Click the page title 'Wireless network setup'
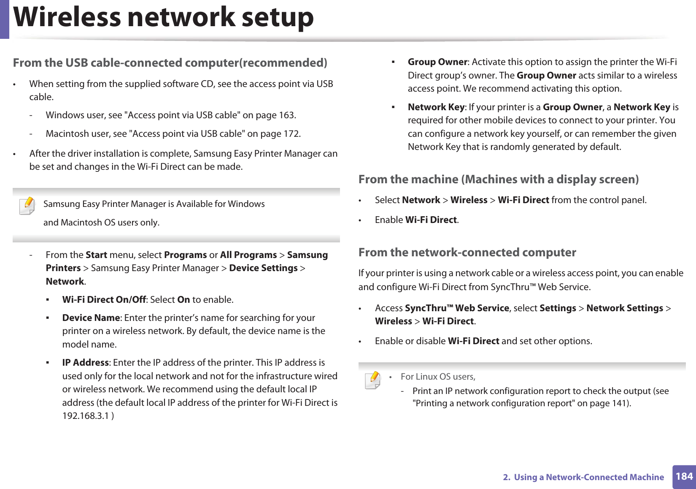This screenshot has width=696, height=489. click(163, 18)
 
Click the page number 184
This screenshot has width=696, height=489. click(684, 477)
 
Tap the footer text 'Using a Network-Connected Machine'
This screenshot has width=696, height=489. click(588, 477)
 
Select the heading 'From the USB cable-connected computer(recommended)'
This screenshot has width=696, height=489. click(170, 63)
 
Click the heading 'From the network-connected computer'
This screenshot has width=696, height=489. click(467, 253)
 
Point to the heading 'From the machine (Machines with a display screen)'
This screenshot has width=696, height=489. click(498, 179)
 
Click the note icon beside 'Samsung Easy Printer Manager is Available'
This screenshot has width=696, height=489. click(27, 206)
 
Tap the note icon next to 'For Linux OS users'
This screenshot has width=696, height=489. click(373, 380)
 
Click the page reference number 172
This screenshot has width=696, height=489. click(291, 134)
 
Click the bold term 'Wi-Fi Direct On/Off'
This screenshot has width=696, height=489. click(104, 300)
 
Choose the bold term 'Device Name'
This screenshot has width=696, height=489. click(91, 318)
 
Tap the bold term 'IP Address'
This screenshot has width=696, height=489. click(86, 363)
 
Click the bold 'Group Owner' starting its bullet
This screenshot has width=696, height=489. click(437, 62)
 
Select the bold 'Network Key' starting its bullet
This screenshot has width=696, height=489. click(436, 107)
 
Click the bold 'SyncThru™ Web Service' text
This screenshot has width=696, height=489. click(457, 308)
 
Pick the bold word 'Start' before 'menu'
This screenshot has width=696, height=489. click(96, 255)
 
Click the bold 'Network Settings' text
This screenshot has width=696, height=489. click(624, 308)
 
